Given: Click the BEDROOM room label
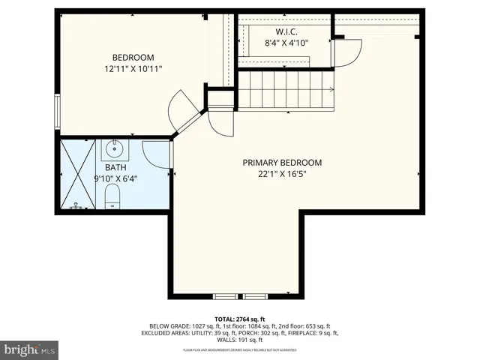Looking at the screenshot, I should tap(133, 58).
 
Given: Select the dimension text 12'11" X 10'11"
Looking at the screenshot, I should tap(133, 68).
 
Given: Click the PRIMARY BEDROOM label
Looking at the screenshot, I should tap(282, 163).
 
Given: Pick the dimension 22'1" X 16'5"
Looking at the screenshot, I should tap(282, 174).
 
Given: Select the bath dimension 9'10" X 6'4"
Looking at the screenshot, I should tap(116, 178).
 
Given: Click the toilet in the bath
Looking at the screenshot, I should tap(112, 198).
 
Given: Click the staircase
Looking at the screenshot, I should tap(285, 90).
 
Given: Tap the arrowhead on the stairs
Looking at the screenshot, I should tap(331, 90).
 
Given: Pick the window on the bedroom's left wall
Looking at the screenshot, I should tap(58, 113).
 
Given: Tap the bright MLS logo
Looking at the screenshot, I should tap(30, 349).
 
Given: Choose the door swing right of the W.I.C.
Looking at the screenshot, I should tap(348, 52).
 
